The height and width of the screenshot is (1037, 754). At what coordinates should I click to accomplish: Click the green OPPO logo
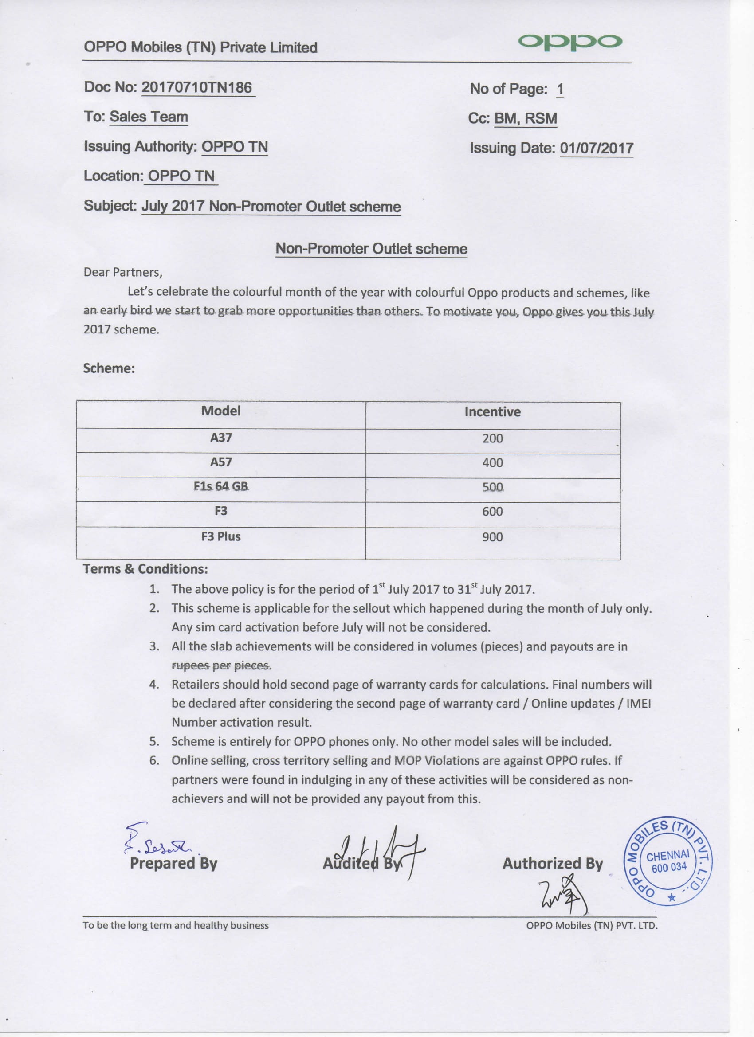(x=569, y=42)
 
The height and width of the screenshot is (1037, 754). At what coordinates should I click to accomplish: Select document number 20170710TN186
(x=197, y=87)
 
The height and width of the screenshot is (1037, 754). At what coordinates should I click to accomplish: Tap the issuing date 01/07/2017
(x=596, y=148)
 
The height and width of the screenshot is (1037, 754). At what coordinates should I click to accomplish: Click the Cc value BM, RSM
(x=526, y=118)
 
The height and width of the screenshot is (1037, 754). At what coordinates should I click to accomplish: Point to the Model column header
(x=220, y=411)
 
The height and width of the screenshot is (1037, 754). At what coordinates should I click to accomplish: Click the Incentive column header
(x=492, y=412)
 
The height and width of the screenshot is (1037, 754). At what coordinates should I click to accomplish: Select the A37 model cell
(x=220, y=438)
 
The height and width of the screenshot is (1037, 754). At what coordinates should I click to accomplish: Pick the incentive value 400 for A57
(x=492, y=463)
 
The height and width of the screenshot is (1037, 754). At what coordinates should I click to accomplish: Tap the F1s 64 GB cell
(x=220, y=486)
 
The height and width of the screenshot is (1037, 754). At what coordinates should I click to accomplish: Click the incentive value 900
(x=492, y=537)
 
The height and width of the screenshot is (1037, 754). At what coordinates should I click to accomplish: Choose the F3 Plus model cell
(x=220, y=536)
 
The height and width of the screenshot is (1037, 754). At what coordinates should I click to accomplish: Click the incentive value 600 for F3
(x=492, y=511)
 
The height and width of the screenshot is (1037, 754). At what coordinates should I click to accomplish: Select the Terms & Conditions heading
(x=145, y=569)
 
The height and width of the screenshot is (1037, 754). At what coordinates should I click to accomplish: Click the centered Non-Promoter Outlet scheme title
(x=371, y=249)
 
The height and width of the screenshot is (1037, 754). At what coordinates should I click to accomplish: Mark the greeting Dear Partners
(x=122, y=273)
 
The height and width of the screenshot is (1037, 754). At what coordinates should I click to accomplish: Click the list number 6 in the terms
(x=154, y=761)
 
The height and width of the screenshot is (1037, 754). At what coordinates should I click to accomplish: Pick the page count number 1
(x=560, y=89)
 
